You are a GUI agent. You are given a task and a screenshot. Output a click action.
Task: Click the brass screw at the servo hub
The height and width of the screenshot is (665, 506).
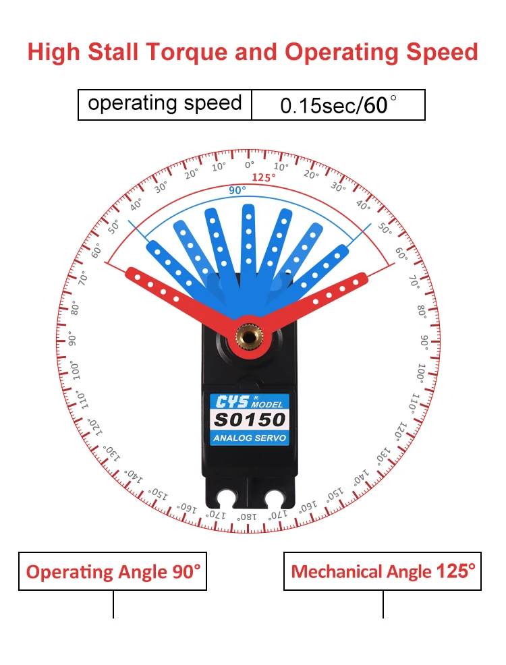point(249,334)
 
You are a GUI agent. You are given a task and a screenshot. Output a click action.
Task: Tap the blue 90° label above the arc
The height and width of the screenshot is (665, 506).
point(237,190)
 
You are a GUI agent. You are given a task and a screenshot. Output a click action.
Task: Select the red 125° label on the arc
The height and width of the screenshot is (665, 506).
point(264,177)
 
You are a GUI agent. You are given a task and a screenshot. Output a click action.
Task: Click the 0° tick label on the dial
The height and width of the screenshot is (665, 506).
point(250,165)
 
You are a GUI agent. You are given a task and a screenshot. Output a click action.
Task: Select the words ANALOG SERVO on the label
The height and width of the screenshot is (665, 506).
point(250,438)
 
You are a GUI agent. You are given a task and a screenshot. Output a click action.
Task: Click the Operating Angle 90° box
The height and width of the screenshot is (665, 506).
point(113,572)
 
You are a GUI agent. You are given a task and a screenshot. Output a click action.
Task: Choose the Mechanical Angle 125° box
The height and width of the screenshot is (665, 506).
point(383,572)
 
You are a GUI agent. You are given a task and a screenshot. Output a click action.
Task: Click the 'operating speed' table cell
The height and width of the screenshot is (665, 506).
point(165,105)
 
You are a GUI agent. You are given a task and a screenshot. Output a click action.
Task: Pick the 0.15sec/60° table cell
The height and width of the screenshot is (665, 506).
point(338,105)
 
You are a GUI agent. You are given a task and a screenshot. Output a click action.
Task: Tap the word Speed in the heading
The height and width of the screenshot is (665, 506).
point(442,53)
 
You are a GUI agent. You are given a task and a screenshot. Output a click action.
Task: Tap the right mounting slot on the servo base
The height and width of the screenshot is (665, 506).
point(274,499)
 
